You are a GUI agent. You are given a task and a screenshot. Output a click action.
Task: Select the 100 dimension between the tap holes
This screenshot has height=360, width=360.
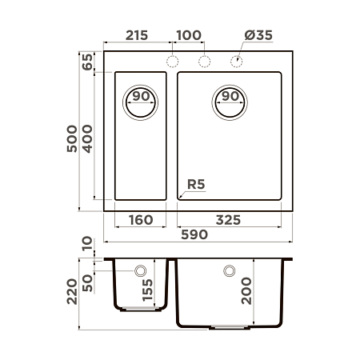[x=189, y=36]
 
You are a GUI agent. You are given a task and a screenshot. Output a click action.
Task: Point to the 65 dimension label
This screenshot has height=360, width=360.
[x=87, y=62]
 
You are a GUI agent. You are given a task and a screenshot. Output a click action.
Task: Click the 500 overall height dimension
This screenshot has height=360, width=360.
[x=73, y=141]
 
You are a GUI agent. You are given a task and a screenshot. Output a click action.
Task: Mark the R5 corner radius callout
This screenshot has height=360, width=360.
[x=196, y=186]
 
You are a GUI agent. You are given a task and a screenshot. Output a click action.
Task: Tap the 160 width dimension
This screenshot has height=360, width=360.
[x=141, y=219]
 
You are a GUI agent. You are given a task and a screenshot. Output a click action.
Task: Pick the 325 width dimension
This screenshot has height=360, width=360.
[x=230, y=219]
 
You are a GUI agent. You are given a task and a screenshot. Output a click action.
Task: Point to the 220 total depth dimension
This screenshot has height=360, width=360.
[x=73, y=296]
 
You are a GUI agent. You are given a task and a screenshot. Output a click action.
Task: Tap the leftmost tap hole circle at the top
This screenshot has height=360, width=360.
[x=172, y=62]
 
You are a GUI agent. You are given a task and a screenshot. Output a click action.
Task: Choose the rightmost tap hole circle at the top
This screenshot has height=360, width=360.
[x=238, y=62]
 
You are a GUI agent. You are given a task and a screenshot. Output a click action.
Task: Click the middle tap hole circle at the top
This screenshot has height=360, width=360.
[x=205, y=62]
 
